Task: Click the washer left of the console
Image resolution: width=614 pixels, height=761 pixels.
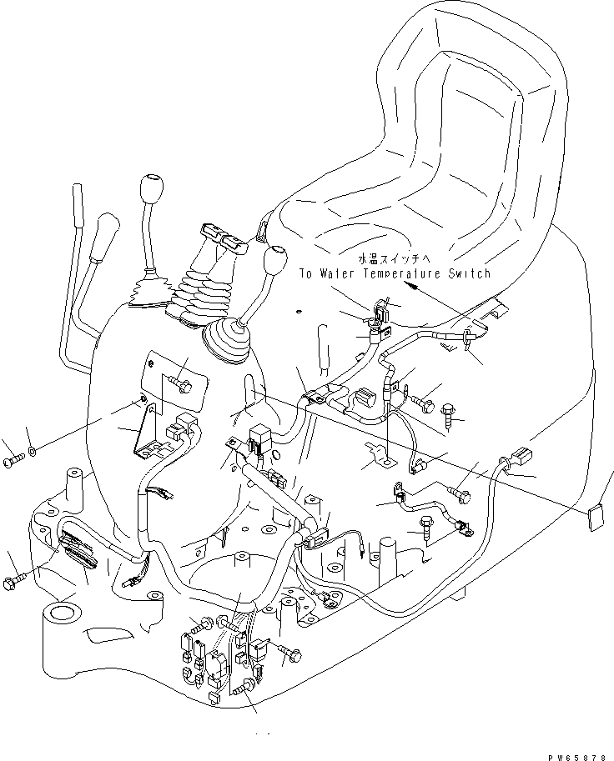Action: click(x=31, y=452)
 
